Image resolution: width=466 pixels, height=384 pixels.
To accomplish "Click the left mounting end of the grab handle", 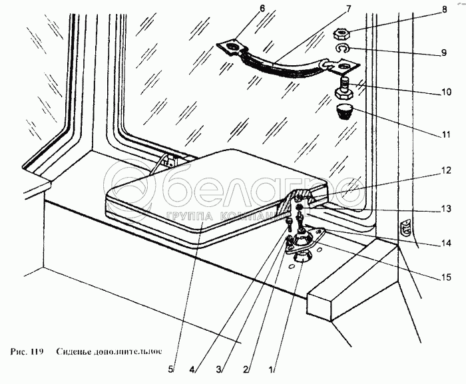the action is point(230,47).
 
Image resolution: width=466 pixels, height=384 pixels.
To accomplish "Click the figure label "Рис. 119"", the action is point(26,351).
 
